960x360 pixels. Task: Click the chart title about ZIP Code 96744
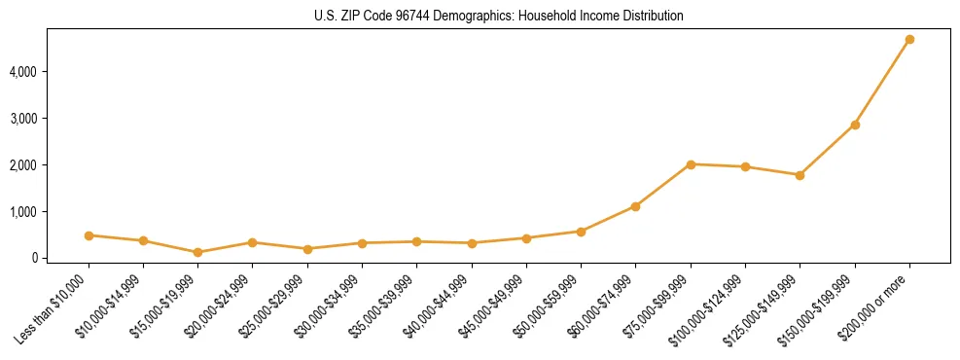click(x=499, y=17)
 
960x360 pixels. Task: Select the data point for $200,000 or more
click(x=909, y=40)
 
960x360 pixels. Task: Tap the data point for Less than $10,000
click(x=89, y=235)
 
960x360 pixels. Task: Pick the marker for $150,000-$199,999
click(x=855, y=125)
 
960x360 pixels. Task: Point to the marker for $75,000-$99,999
click(x=691, y=164)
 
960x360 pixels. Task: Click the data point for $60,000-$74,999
click(x=636, y=206)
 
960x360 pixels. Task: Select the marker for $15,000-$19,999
click(x=198, y=252)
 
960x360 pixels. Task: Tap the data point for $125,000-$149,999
click(x=800, y=175)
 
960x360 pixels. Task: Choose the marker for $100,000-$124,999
click(x=745, y=167)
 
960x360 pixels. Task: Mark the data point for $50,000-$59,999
click(x=581, y=232)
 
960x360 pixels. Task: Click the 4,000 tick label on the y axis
click(x=20, y=72)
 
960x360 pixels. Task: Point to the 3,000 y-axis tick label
click(x=20, y=119)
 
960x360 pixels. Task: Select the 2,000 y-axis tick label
click(x=20, y=165)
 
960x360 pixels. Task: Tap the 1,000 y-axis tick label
click(x=20, y=212)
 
